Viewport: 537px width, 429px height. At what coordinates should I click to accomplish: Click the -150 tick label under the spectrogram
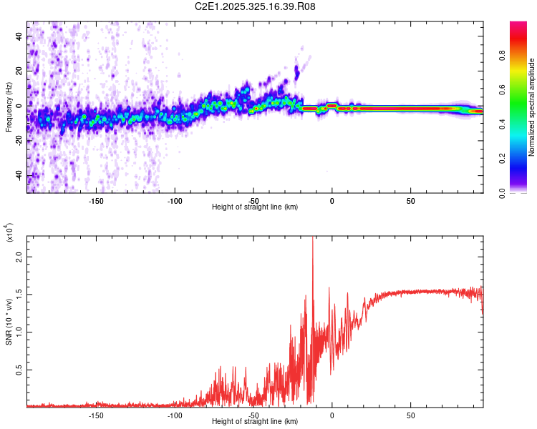96,201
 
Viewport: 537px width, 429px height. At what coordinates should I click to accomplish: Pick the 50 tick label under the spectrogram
410,201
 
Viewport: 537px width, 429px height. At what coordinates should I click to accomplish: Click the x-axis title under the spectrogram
255,207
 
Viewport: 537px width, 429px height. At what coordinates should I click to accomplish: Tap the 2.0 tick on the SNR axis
19,255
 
